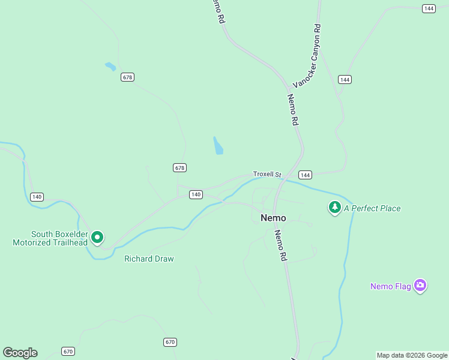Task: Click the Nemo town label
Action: point(273,218)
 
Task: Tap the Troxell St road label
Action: point(267,174)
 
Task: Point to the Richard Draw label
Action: point(149,259)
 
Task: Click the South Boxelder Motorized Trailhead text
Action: point(50,238)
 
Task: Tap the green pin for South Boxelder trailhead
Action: point(97,238)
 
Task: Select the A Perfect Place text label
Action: point(372,208)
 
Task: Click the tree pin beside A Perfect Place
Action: point(334,208)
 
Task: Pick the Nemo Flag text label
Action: point(390,286)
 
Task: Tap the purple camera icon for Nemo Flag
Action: point(420,286)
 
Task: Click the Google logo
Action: point(20,353)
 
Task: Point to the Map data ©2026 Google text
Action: point(412,355)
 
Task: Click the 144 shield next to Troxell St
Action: point(305,175)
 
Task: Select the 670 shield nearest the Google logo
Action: point(68,351)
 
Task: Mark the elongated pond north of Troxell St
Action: point(218,145)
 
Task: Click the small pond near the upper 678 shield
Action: point(110,67)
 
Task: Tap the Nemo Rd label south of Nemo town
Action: point(280,245)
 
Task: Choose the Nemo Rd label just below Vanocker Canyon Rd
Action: point(293,109)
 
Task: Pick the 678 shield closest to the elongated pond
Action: point(179,167)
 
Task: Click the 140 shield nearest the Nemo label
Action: point(196,194)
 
